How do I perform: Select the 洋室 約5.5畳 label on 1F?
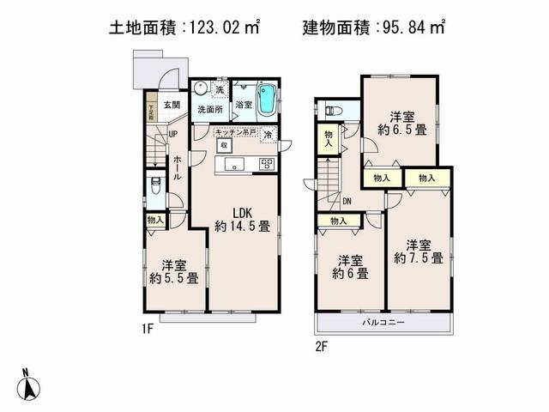(173, 271)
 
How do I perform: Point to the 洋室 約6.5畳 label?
(398, 123)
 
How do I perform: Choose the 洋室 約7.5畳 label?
(418, 250)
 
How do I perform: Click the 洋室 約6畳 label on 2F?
(350, 267)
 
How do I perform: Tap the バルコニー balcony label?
(383, 322)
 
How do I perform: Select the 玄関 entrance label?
(172, 106)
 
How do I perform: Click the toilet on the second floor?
(335, 110)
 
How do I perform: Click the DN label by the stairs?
(346, 202)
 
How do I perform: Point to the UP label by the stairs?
(172, 135)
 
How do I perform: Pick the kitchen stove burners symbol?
(266, 164)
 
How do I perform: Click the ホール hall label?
(177, 167)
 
